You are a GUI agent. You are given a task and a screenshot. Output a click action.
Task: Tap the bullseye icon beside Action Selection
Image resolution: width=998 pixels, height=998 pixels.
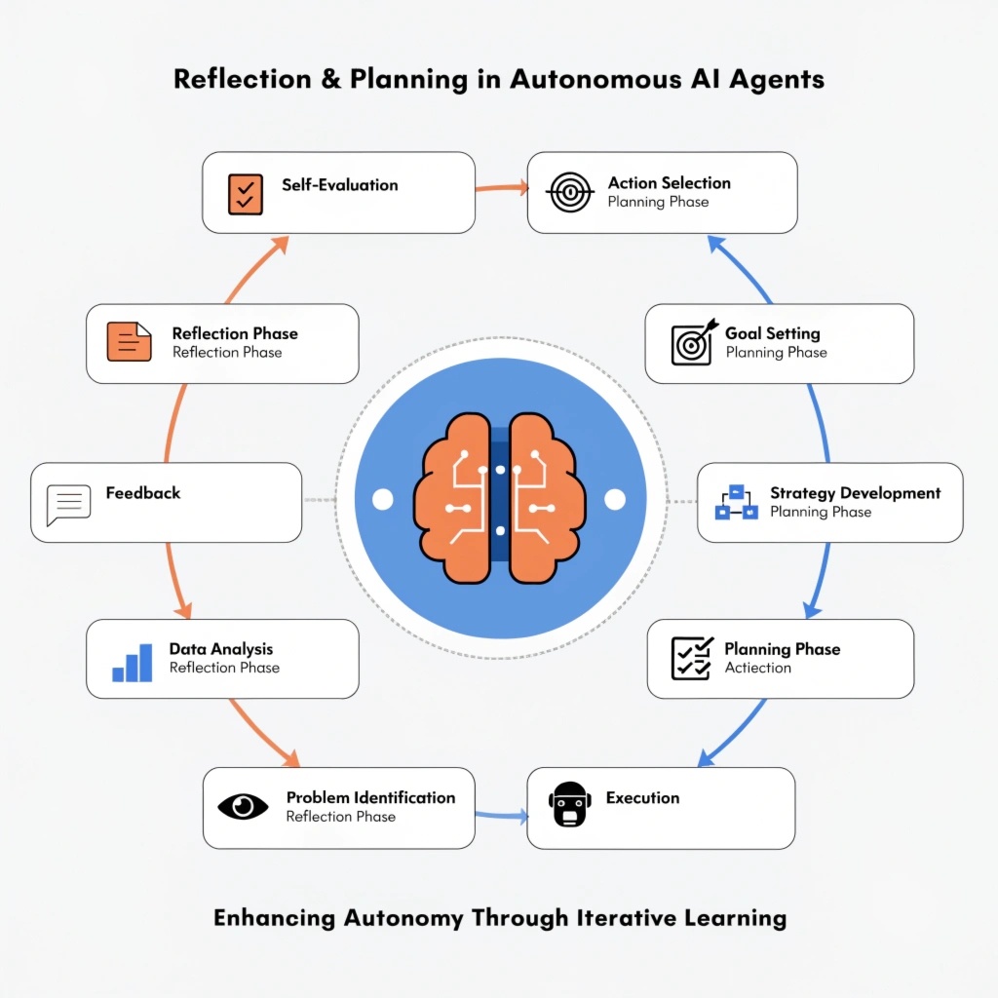coord(570,193)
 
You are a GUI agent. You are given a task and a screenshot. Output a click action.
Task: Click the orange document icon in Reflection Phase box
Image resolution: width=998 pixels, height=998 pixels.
coord(130,342)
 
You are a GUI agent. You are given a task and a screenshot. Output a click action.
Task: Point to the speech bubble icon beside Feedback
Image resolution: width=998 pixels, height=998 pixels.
coord(68,505)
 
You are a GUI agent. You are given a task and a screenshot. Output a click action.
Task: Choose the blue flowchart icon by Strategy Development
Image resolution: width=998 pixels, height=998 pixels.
coord(737,502)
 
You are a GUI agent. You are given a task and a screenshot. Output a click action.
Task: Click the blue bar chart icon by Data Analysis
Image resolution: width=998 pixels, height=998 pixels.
coord(133,662)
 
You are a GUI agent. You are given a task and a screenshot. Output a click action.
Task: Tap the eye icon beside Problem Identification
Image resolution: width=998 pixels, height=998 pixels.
coord(243,806)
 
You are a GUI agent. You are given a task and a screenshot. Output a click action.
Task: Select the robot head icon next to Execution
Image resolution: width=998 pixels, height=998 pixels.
coord(570,806)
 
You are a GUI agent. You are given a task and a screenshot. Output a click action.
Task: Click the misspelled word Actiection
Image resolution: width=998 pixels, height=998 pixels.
coord(757,669)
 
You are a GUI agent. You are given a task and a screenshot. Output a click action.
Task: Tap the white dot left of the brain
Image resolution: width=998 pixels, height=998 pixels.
coord(383,500)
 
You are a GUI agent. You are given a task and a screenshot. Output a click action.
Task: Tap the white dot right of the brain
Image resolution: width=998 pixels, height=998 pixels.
coord(614,500)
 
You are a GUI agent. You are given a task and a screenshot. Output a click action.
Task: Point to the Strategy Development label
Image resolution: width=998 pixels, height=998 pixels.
coord(855,493)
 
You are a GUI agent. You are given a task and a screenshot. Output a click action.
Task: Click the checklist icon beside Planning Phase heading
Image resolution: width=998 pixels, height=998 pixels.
coord(692,659)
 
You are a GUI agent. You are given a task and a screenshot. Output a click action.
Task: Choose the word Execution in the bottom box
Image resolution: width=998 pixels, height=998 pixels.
coord(642,798)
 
